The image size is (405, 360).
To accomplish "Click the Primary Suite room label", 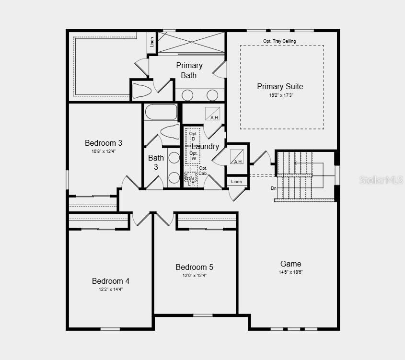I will click(280, 86).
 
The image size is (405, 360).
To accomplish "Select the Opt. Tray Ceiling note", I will click(279, 41).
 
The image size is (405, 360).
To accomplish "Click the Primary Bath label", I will click(189, 70).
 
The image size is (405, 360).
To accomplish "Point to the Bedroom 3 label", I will click(104, 143).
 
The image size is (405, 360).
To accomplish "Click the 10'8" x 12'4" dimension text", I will click(104, 151).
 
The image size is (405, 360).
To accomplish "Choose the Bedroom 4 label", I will click(111, 281).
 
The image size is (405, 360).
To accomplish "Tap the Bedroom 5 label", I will click(194, 267).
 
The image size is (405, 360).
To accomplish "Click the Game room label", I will click(290, 264).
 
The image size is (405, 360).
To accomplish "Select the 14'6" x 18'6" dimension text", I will click(290, 272).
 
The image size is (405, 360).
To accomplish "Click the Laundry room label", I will click(206, 146).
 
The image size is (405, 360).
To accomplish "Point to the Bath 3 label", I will click(156, 162).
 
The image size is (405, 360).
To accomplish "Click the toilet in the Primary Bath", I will click(142, 91).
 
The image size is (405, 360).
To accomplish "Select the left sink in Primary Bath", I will click(187, 95).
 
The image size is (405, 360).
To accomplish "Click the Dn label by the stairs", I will click(274, 188).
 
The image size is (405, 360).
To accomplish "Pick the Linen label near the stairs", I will click(237, 182).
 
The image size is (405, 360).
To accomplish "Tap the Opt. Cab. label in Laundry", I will click(203, 171).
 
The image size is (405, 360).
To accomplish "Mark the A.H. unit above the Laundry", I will click(213, 114).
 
